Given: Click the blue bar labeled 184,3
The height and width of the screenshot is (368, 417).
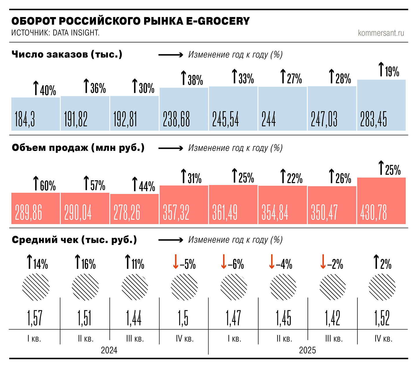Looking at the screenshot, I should (36, 114).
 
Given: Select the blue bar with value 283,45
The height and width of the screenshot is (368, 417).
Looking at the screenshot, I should (381, 105).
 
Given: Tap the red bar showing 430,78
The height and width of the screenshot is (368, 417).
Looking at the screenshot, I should (381, 201).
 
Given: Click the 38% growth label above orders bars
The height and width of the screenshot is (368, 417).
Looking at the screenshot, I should (192, 79).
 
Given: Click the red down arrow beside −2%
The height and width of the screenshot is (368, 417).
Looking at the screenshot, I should (323, 262).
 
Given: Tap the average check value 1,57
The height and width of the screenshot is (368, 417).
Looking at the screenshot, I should (35, 318).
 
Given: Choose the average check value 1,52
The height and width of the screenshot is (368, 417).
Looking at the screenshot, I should (382, 318).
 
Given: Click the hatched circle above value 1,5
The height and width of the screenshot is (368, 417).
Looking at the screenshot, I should (184, 287).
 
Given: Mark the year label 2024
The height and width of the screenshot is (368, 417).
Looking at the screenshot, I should (109, 350).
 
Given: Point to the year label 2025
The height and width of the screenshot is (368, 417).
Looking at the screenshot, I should (307, 350).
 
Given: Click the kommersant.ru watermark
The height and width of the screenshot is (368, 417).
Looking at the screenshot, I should (381, 33).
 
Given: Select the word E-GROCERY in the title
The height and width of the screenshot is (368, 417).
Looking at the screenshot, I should (218, 21).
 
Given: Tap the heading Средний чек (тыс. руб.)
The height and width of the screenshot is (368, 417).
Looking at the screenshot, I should (74, 240).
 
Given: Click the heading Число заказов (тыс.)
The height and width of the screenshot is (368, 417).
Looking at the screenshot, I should (67, 54).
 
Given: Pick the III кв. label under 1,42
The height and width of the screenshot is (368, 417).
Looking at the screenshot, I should (334, 339).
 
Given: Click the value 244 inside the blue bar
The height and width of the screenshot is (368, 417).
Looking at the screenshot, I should (268, 119).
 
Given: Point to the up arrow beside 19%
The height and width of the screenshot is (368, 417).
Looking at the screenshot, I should (381, 69).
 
